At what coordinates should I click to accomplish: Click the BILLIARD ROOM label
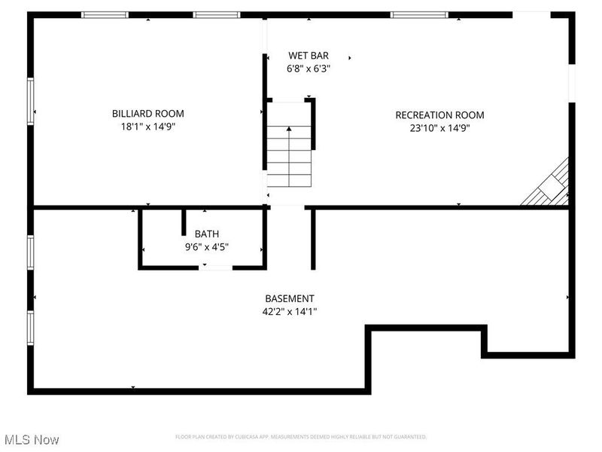pyautogui.click(x=147, y=114)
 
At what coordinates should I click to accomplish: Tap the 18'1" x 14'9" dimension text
pyautogui.click(x=147, y=127)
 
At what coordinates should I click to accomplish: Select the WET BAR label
pyautogui.click(x=309, y=56)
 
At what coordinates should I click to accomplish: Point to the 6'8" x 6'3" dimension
pyautogui.click(x=309, y=69)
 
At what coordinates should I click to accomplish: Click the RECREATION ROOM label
pyautogui.click(x=439, y=115)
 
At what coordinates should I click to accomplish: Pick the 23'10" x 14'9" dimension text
pyautogui.click(x=439, y=128)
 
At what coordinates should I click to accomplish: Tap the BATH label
pyautogui.click(x=207, y=234)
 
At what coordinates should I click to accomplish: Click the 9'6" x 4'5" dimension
pyautogui.click(x=207, y=246)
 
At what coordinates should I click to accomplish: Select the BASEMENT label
pyautogui.click(x=289, y=298)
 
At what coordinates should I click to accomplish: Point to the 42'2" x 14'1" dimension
pyautogui.click(x=289, y=311)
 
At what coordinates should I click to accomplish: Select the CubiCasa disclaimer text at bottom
pyautogui.click(x=301, y=437)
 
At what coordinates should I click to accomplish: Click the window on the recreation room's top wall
pyautogui.click(x=418, y=14)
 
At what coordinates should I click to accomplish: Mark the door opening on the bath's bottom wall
pyautogui.click(x=215, y=267)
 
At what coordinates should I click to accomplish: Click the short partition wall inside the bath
pyautogui.click(x=184, y=223)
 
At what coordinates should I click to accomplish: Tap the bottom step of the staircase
pyautogui.click(x=290, y=181)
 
